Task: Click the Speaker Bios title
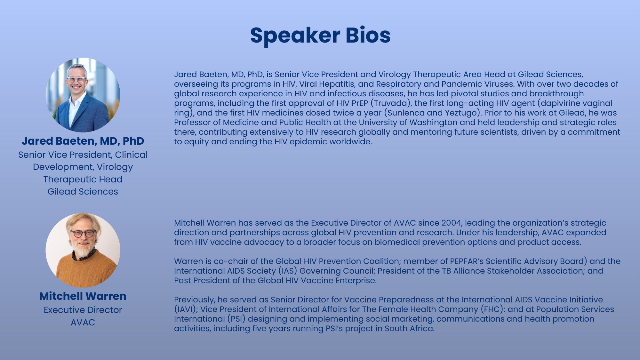pyautogui.click(x=320, y=35)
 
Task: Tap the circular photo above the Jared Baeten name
pyautogui.click(x=83, y=95)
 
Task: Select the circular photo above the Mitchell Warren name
pyautogui.click(x=83, y=250)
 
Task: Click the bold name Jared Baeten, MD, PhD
pyautogui.click(x=83, y=141)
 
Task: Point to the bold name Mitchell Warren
pyautogui.click(x=83, y=296)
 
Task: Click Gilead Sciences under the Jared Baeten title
pyautogui.click(x=83, y=191)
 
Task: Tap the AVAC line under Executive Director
pyautogui.click(x=83, y=322)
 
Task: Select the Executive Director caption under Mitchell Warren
pyautogui.click(x=83, y=310)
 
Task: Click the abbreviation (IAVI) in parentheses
pyautogui.click(x=185, y=309)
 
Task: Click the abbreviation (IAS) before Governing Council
pyautogui.click(x=287, y=271)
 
